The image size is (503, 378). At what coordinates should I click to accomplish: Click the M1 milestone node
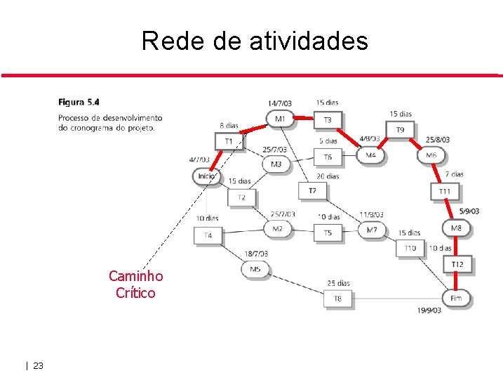click(280, 119)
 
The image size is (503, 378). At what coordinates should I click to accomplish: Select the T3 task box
click(328, 120)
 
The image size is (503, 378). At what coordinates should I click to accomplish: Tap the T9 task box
click(400, 130)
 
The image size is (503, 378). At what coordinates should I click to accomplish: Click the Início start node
click(206, 176)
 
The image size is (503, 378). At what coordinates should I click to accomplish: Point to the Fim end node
click(456, 298)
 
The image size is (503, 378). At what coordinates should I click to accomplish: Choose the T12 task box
click(457, 264)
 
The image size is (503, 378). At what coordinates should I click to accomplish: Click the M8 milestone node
click(456, 228)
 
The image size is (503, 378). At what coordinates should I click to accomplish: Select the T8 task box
click(338, 299)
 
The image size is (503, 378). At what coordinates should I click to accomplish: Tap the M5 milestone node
click(255, 268)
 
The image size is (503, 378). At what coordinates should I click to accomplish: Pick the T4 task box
click(208, 235)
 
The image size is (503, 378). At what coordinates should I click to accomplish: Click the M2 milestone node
click(277, 228)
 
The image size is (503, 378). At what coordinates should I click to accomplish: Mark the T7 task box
click(312, 190)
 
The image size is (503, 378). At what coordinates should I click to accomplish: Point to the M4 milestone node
click(370, 155)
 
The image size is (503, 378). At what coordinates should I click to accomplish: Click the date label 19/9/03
click(429, 310)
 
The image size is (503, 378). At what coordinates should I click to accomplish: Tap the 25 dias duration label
click(338, 283)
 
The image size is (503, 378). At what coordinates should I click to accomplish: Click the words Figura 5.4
click(79, 103)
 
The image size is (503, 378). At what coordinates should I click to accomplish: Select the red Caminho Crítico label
click(135, 285)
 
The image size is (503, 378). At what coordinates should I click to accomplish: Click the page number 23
click(38, 365)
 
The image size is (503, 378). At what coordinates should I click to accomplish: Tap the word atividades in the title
click(308, 41)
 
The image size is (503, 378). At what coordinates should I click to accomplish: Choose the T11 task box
click(445, 191)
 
